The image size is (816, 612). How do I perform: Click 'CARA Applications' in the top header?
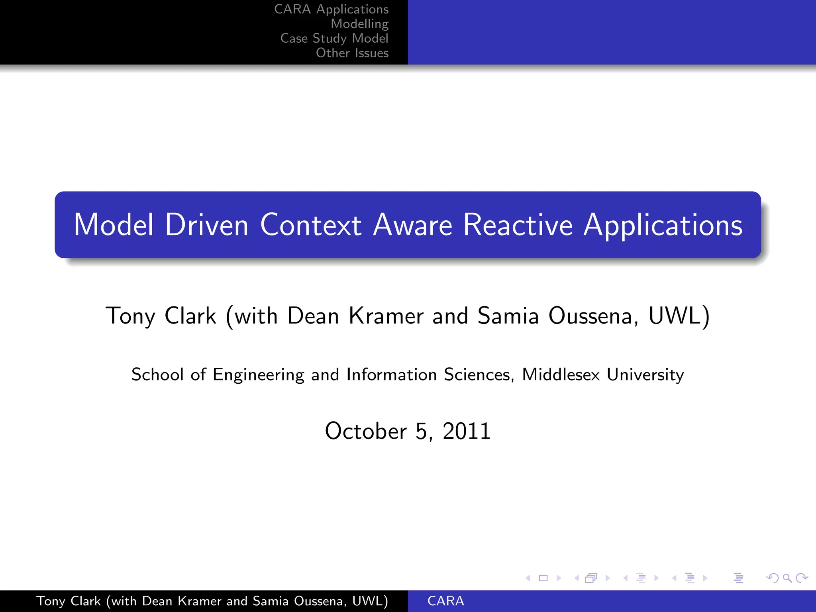tap(331, 9)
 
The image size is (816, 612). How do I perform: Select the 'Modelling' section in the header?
tap(359, 24)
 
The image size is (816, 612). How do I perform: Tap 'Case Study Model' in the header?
tap(334, 38)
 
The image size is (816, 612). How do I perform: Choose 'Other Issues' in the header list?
tap(352, 53)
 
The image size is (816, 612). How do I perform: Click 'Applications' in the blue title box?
tap(663, 226)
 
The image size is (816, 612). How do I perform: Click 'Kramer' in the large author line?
tap(386, 316)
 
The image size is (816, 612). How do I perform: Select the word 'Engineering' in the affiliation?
tap(258, 375)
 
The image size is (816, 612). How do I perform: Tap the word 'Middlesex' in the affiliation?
tap(561, 375)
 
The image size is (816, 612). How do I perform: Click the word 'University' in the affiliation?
tap(645, 375)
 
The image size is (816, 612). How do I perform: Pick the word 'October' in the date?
tap(366, 431)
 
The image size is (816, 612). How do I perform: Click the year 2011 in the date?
tap(466, 431)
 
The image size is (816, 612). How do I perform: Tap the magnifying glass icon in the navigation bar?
tap(787, 578)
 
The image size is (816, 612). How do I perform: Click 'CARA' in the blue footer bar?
tap(445, 601)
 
